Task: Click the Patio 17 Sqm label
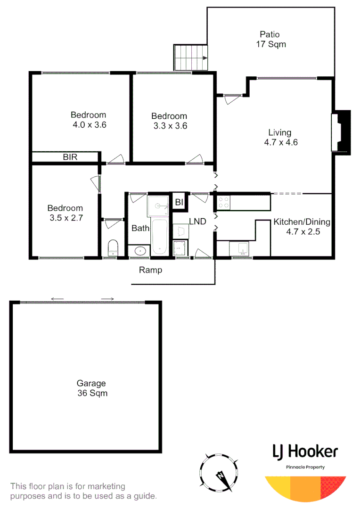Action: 270,40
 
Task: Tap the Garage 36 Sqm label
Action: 92,388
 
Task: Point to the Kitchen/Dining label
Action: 302,222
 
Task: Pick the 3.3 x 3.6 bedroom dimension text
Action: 169,126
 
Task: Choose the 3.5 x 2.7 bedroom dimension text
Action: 65,218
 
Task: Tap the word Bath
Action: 140,228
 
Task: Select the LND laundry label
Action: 197,221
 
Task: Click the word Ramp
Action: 150,270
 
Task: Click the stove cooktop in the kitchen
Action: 223,202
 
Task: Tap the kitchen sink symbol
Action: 241,247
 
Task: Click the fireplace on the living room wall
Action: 342,132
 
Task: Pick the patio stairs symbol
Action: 191,57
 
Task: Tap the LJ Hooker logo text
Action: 305,452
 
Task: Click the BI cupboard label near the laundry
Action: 179,202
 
